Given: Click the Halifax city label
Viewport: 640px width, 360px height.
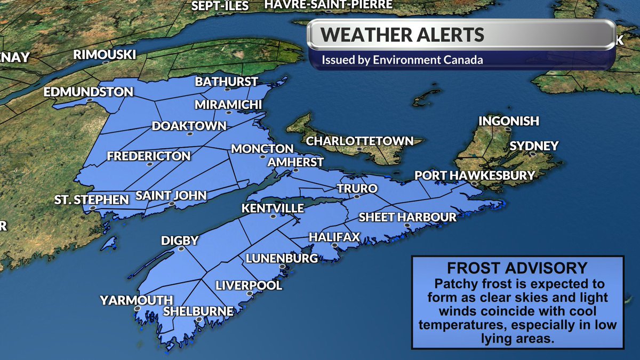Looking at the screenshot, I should click(x=334, y=236).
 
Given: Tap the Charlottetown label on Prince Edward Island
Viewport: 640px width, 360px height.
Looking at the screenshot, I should click(x=359, y=141).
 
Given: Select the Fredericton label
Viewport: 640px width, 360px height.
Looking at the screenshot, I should click(x=148, y=156).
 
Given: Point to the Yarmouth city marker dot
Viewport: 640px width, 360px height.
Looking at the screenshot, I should click(x=138, y=309).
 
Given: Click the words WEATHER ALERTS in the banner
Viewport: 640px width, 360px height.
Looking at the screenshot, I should click(x=403, y=35).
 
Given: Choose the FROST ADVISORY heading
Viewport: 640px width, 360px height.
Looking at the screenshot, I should click(x=517, y=268).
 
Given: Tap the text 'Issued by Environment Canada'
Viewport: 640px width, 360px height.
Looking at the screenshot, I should click(x=402, y=60).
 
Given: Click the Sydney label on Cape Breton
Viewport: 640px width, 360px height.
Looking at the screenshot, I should click(x=534, y=146).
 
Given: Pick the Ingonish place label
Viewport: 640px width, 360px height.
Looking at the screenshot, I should click(x=508, y=121).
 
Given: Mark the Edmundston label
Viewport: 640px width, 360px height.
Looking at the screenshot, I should click(x=88, y=92).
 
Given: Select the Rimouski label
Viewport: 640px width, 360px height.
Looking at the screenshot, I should click(x=104, y=54).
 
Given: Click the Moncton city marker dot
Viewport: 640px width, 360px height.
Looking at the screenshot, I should click(x=262, y=157).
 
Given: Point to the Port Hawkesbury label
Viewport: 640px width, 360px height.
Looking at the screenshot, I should click(x=475, y=175).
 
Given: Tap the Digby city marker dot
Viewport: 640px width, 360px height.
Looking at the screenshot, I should click(x=181, y=249).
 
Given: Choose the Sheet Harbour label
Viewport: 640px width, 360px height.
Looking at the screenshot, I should click(x=407, y=217).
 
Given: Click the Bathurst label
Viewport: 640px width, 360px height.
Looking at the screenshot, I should click(x=226, y=82).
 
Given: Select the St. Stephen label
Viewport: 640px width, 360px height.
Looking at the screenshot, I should click(x=92, y=200).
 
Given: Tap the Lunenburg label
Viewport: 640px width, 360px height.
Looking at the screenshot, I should click(x=282, y=259).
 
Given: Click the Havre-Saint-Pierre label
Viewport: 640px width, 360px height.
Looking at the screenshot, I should click(x=329, y=4).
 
